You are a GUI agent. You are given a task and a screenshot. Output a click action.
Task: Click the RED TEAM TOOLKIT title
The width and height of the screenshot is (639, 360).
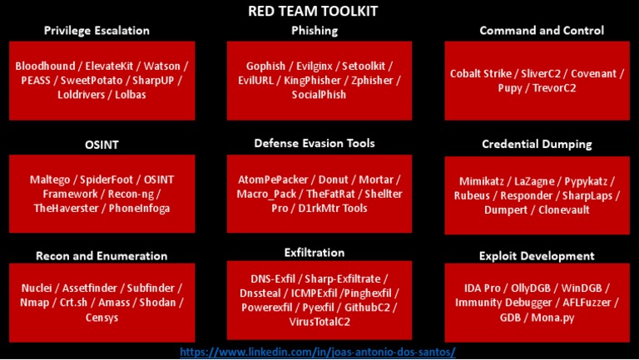coord(319,11)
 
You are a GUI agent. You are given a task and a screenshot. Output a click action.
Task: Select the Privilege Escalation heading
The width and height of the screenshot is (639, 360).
coord(97,31)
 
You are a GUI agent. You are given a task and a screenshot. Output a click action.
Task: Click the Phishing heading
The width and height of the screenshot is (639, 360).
coord(315,31)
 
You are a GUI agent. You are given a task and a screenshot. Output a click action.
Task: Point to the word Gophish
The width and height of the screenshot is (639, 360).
coord(266,65)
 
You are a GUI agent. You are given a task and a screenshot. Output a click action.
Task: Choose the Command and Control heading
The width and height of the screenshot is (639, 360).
coord(542,31)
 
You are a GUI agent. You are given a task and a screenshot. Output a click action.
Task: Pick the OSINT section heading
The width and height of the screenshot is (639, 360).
coord(102,145)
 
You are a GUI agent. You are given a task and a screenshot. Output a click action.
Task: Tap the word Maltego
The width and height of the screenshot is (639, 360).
coord(51,180)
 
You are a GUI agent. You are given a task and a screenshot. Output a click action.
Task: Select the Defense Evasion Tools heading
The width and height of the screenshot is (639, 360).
coord(315,143)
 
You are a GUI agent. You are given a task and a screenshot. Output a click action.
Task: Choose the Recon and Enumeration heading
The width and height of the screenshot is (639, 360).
coord(102,256)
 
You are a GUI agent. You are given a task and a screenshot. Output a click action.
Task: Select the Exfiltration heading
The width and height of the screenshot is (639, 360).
coord(315,252)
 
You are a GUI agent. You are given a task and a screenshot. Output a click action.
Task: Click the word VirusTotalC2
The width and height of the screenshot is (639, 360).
coord(315,323)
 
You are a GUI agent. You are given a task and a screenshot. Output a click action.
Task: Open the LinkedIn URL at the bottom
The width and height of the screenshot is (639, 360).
coord(318,353)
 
